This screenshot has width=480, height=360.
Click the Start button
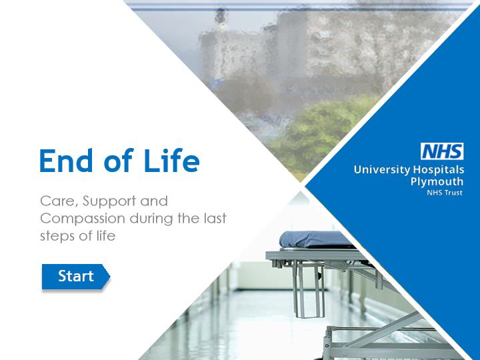pyautogui.click(x=75, y=277)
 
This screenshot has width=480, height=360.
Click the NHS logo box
pyautogui.click(x=442, y=151)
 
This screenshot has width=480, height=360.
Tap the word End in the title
pyautogui.click(x=66, y=161)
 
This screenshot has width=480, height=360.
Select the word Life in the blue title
pyautogui.click(x=171, y=160)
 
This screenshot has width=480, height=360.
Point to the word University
pyautogui.click(x=382, y=169)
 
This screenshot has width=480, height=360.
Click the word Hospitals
pyautogui.click(x=439, y=169)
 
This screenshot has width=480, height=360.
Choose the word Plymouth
pyautogui.click(x=437, y=181)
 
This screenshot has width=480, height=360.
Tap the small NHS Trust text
pyautogui.click(x=445, y=193)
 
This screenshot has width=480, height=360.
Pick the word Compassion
pyautogui.click(x=83, y=219)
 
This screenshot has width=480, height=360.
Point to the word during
pyautogui.click(x=152, y=219)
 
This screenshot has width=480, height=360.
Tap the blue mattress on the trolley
pyautogui.click(x=315, y=239)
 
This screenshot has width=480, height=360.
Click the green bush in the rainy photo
pyautogui.click(x=321, y=135)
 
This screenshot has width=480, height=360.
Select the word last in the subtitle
pyautogui.click(x=215, y=219)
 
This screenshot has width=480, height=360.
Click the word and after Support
pyautogui.click(x=154, y=201)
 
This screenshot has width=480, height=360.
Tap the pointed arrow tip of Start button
pyautogui.click(x=110, y=277)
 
